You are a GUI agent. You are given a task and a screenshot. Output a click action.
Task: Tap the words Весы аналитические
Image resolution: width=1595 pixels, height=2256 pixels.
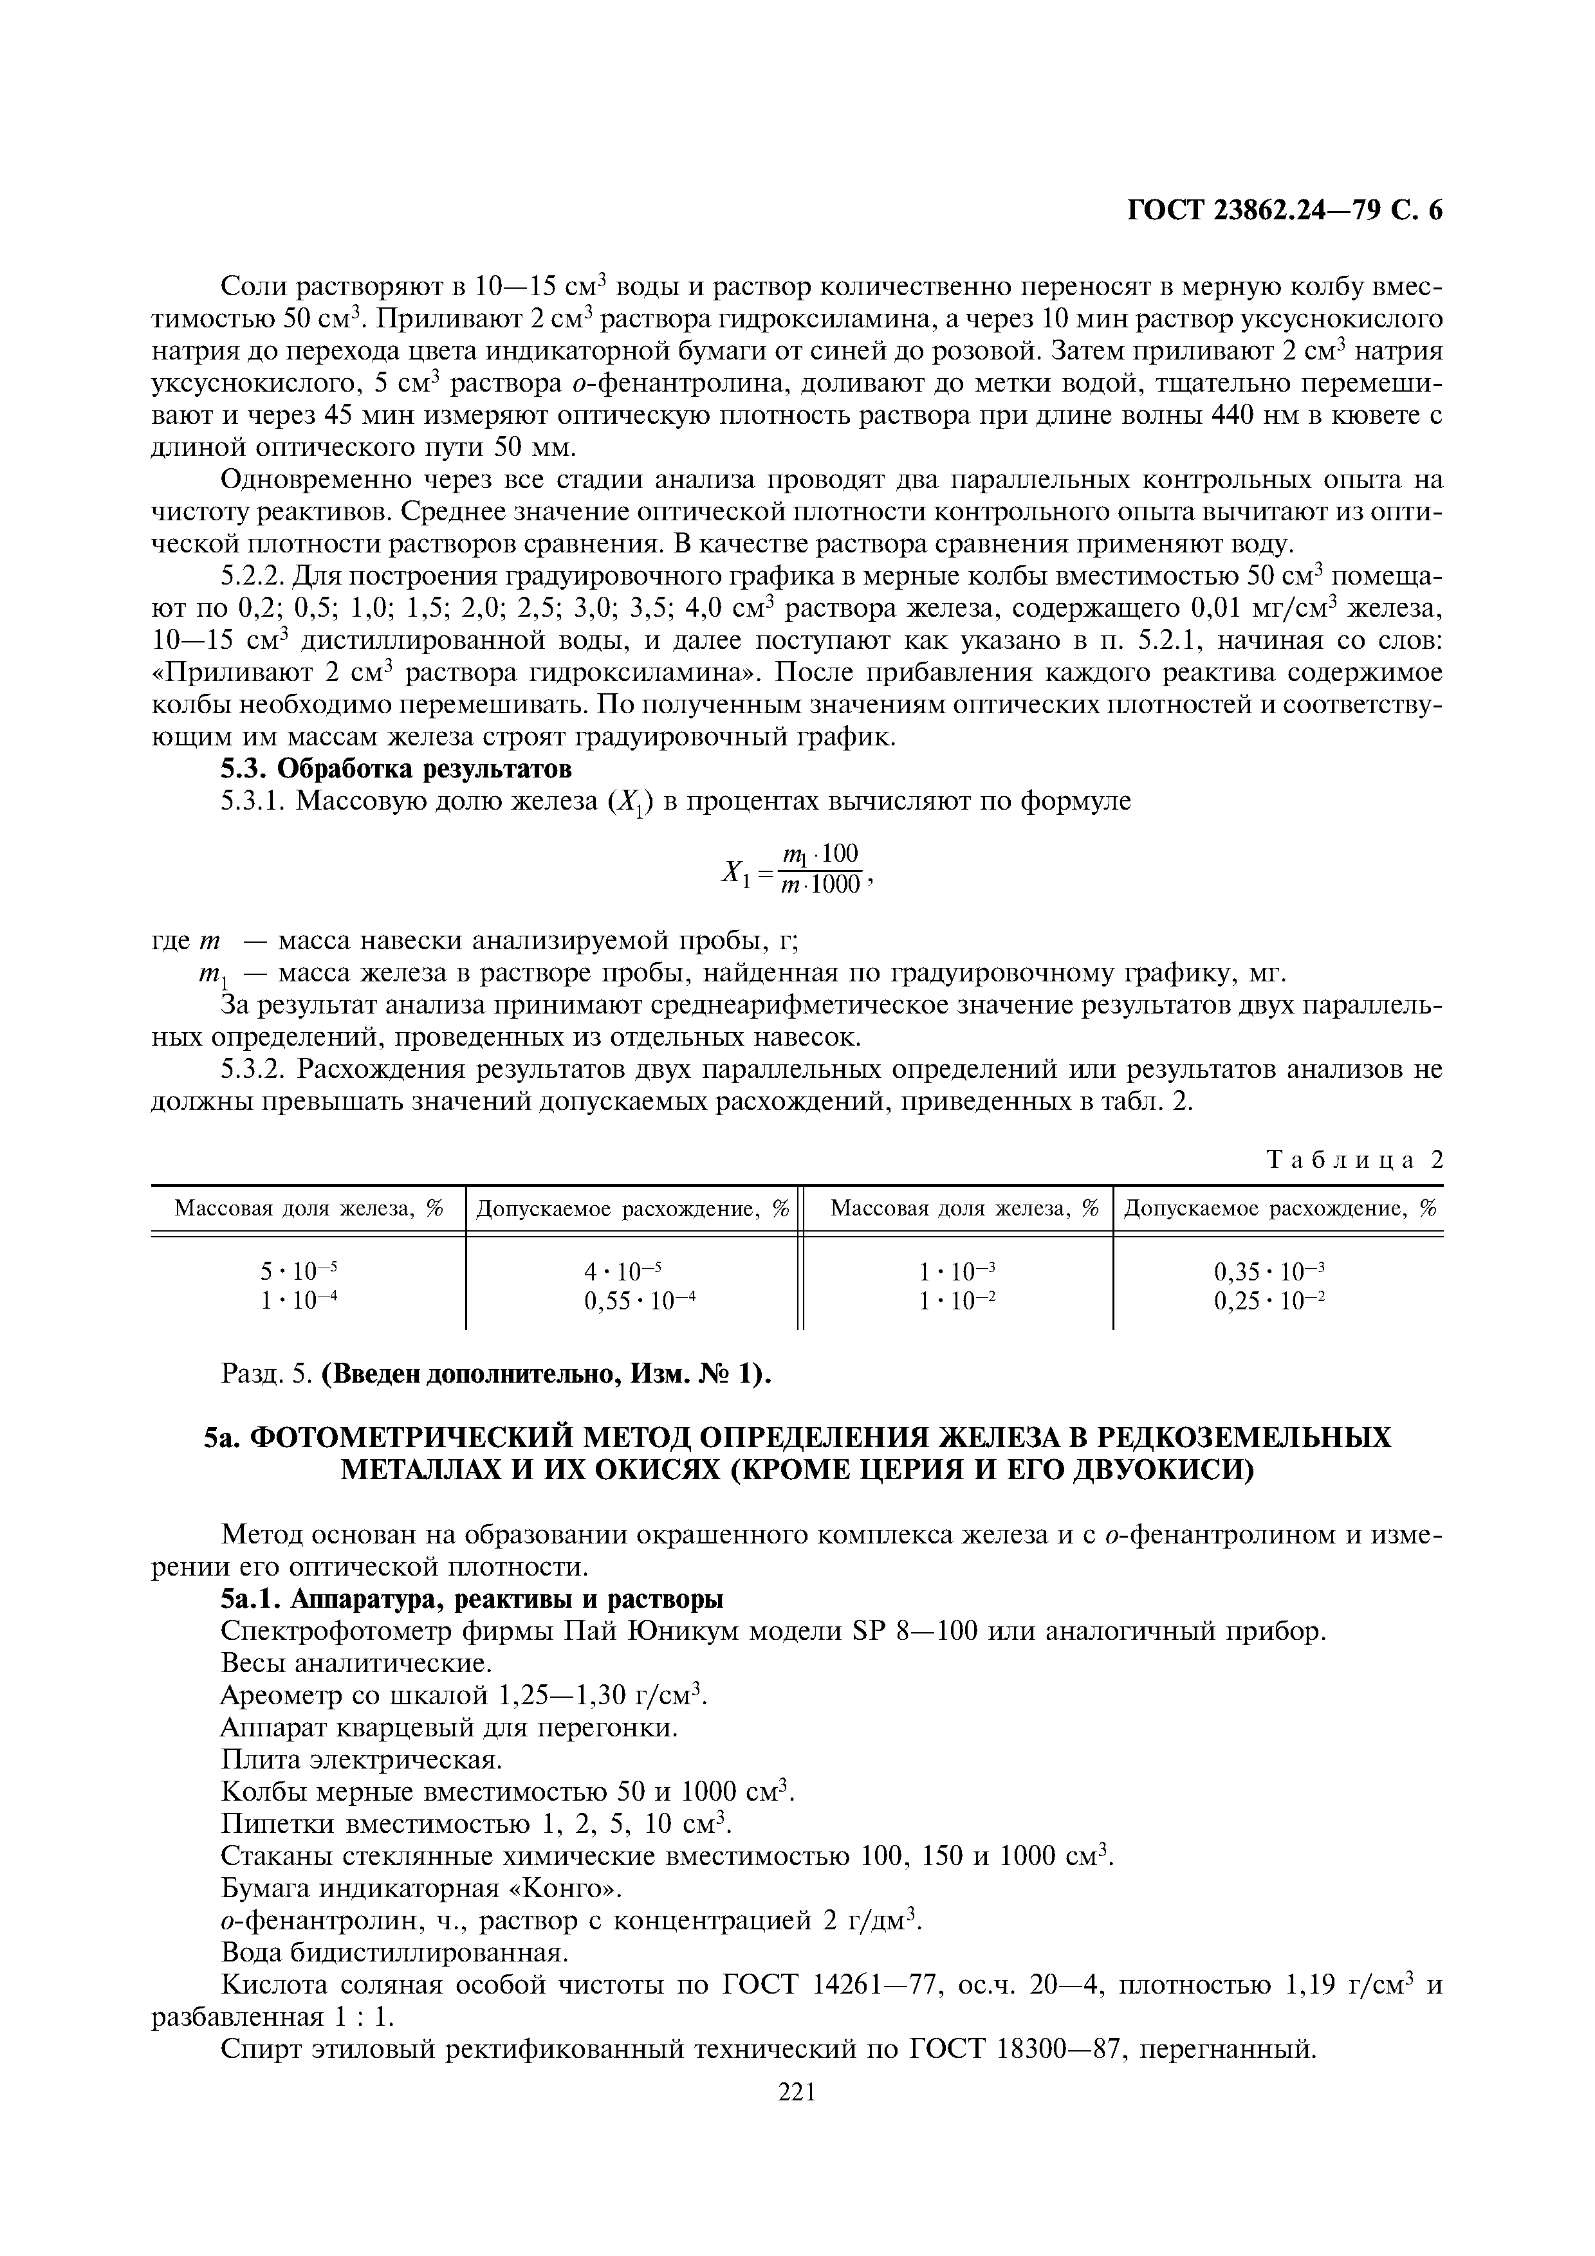click(x=355, y=1664)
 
